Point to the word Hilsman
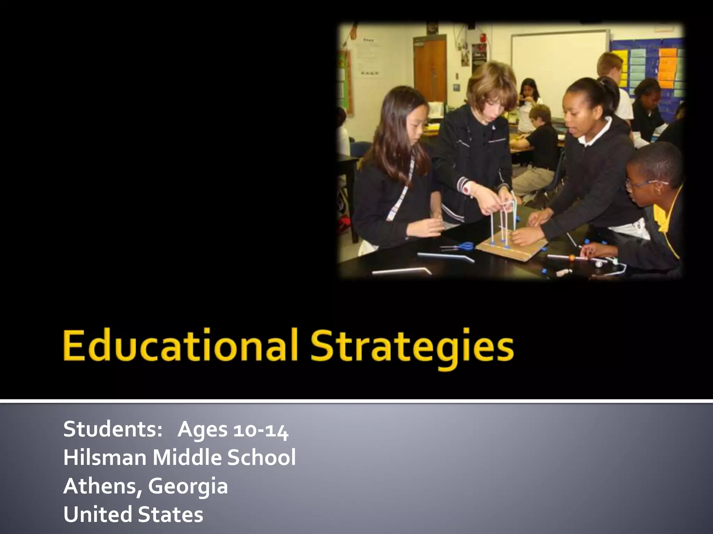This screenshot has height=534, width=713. click(105, 458)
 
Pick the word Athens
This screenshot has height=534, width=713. click(101, 486)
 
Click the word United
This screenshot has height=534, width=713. click(96, 515)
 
